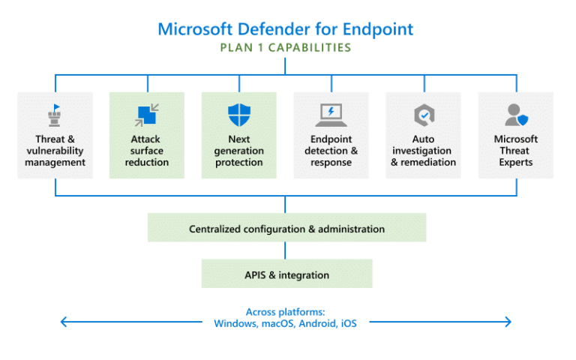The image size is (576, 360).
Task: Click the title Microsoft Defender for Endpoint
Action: pyautogui.click(x=285, y=29)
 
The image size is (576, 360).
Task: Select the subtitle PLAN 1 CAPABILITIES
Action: pyautogui.click(x=285, y=48)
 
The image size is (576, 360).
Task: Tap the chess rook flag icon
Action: pyautogui.click(x=55, y=115)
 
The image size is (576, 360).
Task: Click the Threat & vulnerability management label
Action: pyautogui.click(x=55, y=151)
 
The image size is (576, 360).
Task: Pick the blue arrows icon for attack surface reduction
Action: pyautogui.click(x=147, y=115)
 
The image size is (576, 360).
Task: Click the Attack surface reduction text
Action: pyautogui.click(x=147, y=151)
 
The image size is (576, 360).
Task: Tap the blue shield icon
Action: pyautogui.click(x=238, y=115)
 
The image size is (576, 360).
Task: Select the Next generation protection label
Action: pyautogui.click(x=238, y=151)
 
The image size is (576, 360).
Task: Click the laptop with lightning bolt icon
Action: pyautogui.click(x=331, y=115)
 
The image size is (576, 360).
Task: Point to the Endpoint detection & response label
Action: pyautogui.click(x=331, y=151)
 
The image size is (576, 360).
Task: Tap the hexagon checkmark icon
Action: pyautogui.click(x=423, y=115)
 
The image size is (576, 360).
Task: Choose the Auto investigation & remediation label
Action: pyautogui.click(x=423, y=151)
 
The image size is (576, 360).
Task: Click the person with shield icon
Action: pyautogui.click(x=516, y=115)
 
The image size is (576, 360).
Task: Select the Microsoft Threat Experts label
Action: pyautogui.click(x=516, y=151)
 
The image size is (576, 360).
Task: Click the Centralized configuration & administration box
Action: pyautogui.click(x=286, y=229)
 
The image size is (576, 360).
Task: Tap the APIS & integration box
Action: pyautogui.click(x=286, y=274)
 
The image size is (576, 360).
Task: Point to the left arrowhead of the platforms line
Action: pyautogui.click(x=64, y=322)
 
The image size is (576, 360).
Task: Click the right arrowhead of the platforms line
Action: pyautogui.click(x=508, y=322)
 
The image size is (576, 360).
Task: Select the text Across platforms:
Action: pyautogui.click(x=285, y=312)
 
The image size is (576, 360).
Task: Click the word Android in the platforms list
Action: pyautogui.click(x=318, y=323)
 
